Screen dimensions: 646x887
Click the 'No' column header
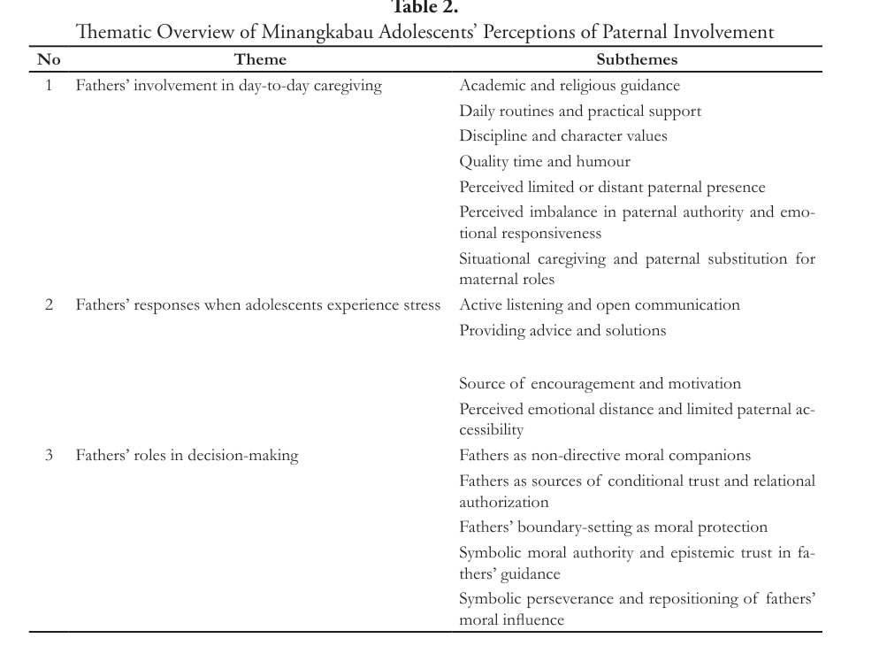point(49,60)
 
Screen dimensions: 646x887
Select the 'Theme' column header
point(260,60)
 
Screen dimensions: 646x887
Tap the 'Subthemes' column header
point(637,60)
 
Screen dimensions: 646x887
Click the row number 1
point(49,86)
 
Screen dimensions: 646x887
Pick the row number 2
point(49,305)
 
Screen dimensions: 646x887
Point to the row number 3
point(49,456)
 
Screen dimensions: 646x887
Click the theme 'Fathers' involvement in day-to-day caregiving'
point(228,86)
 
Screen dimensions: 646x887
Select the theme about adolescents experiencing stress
point(257,305)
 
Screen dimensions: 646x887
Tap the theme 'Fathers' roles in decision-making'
point(187,456)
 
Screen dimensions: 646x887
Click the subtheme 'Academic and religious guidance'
point(570,86)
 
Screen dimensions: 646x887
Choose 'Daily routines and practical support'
point(580,112)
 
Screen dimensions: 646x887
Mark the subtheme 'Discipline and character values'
point(562,136)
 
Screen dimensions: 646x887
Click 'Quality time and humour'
point(544,162)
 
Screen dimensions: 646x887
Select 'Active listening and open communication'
point(599,305)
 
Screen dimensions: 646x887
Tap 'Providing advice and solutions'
point(562,331)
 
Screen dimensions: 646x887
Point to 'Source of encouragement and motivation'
point(600,384)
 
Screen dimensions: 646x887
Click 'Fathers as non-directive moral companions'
point(604,456)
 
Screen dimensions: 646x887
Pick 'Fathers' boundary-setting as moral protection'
point(613,527)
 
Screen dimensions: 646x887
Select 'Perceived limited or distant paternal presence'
point(612,188)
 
